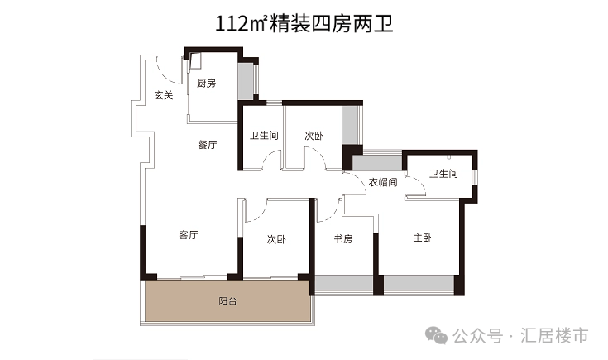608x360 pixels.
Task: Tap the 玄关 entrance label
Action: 163,95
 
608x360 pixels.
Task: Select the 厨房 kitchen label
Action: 206,84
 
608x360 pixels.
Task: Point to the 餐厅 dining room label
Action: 207,145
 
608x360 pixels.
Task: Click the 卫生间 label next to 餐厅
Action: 263,136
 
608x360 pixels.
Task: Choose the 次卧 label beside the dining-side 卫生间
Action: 313,136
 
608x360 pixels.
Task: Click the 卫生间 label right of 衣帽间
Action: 443,174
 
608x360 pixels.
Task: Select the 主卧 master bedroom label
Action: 422,238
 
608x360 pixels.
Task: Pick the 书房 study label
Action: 343,239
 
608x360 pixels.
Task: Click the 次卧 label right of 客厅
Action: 275,239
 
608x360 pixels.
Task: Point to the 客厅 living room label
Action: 189,235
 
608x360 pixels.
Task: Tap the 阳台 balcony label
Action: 227,302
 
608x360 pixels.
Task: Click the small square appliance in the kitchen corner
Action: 197,60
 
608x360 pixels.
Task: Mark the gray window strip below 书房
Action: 343,284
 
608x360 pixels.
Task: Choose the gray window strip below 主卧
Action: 419,284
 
